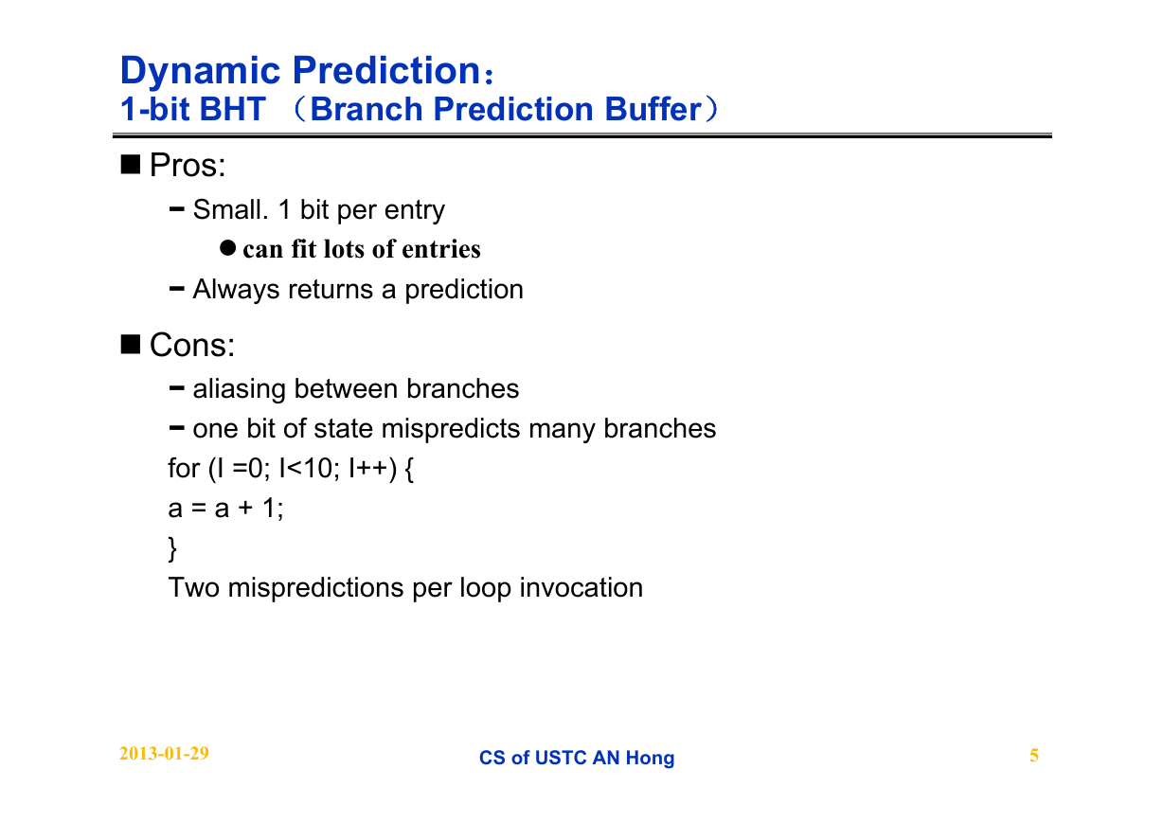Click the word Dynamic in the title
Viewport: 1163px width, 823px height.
pos(201,71)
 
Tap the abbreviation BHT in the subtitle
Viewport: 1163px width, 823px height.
pos(232,109)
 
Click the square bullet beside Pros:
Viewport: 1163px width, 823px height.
pos(131,164)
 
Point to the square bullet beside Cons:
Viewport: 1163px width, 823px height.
pos(131,344)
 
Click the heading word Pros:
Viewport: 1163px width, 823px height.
pos(188,166)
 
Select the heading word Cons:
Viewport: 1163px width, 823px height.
pos(192,346)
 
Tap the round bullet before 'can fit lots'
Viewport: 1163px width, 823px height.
pos(227,248)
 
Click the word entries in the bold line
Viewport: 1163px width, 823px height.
pos(440,249)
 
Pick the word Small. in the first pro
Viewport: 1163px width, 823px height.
pos(230,209)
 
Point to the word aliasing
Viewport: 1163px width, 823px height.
pos(239,389)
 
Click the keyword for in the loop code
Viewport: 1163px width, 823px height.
pos(184,469)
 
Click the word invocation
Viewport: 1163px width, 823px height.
pos(581,588)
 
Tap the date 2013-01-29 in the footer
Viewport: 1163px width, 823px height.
pos(164,754)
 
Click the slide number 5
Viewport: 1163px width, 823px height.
pos(1034,756)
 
